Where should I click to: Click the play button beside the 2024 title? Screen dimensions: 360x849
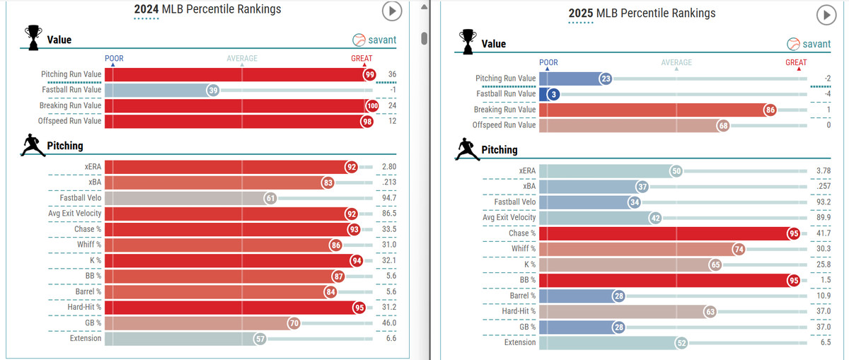tap(391, 11)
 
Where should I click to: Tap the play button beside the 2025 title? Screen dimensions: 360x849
tap(826, 15)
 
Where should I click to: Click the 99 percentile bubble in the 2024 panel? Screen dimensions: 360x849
tap(369, 74)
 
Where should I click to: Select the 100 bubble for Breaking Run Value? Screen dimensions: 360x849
tap(373, 106)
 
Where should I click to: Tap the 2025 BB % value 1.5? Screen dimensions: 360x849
tap(824, 280)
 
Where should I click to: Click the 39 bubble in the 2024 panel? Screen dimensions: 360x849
tap(212, 91)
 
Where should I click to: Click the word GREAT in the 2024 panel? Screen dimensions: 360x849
tap(362, 59)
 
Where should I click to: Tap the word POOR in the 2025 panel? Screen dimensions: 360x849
tap(548, 62)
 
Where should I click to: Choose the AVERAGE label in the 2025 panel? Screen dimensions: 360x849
tap(676, 62)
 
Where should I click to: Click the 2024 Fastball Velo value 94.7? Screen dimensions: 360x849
tap(387, 199)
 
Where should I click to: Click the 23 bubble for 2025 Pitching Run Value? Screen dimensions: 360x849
tap(605, 79)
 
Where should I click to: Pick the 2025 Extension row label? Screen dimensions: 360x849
tap(520, 342)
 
